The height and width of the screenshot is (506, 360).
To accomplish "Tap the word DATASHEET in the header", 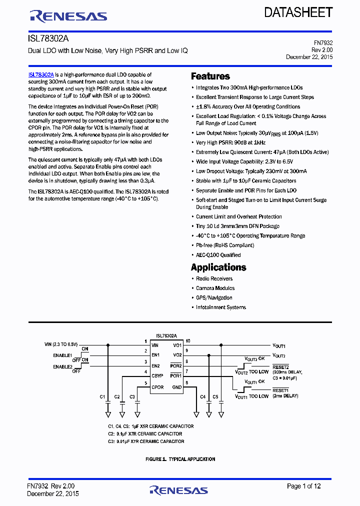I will (x=298, y=12).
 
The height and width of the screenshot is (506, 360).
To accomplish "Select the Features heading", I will (x=210, y=76).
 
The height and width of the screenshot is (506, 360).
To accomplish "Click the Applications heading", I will (x=218, y=267).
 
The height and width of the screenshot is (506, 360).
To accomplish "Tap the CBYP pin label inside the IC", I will (x=157, y=375).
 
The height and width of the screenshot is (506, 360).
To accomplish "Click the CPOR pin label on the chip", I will (x=157, y=387).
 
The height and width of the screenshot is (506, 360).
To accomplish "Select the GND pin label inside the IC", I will (x=177, y=387).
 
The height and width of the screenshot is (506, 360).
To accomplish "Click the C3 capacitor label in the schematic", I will (x=132, y=396).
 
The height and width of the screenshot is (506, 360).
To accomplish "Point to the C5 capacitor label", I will (x=215, y=396).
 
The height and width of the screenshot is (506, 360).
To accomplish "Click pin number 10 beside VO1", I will (x=188, y=341).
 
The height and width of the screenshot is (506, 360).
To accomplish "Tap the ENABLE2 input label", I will (x=62, y=367).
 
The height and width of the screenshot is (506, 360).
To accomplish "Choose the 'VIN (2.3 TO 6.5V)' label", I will (x=61, y=344).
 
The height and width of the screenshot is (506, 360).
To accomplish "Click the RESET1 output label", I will (x=280, y=390).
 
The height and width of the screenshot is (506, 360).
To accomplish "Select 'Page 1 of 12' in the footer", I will (x=303, y=486).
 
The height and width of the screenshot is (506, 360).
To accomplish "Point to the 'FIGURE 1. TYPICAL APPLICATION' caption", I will (x=180, y=459).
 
